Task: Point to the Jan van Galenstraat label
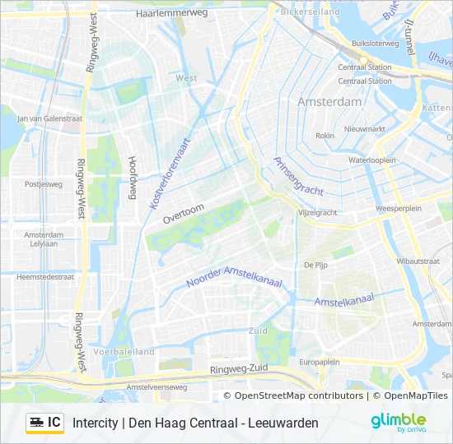49,118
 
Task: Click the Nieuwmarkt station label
365,129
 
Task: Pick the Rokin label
325,135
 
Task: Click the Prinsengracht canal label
300,176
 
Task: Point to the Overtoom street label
182,214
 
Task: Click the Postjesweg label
44,184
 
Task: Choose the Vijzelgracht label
317,212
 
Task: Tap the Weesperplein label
399,209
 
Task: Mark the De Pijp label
316,265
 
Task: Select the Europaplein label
320,362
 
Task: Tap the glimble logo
398,421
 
